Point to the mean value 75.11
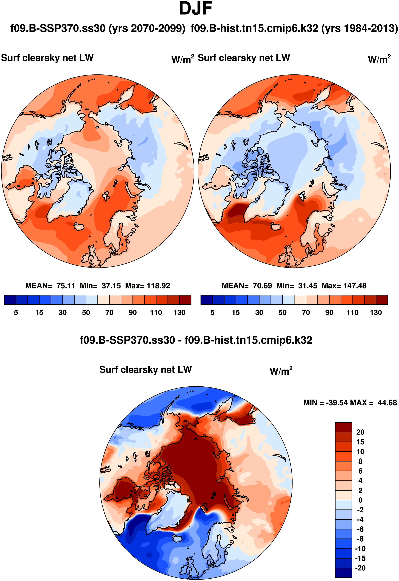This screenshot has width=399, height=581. pos(66,286)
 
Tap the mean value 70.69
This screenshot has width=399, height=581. pos(262,286)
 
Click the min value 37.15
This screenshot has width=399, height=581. pos(111,286)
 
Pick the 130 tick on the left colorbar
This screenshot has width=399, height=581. pos(179,313)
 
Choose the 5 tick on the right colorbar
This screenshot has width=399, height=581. pos(213,313)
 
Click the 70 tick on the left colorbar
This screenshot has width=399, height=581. pos(109,313)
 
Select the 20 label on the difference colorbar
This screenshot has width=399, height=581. pos(360,432)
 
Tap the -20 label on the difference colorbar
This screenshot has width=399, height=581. pos(360,568)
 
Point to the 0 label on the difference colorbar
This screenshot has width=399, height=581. pos(360,500)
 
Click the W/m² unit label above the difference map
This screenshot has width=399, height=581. pos(281,371)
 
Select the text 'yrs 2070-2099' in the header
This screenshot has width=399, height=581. pos(147,28)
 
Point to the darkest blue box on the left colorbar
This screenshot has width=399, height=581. pos(10,300)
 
